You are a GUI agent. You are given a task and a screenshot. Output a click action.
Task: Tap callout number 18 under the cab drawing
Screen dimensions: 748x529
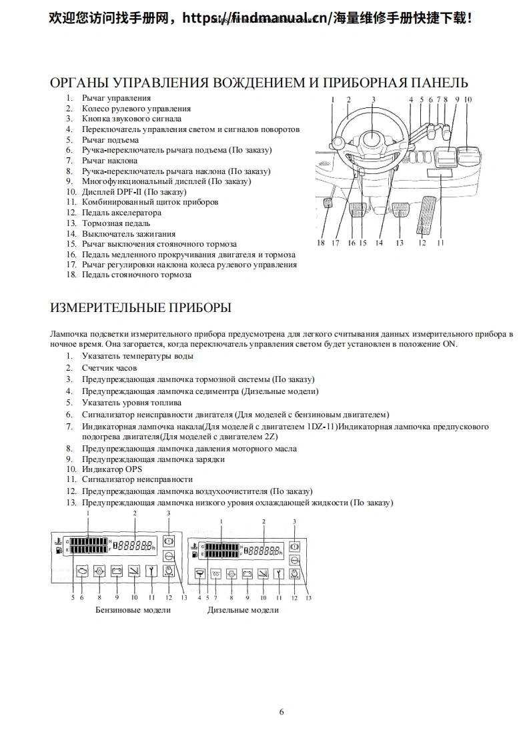[x=321, y=243]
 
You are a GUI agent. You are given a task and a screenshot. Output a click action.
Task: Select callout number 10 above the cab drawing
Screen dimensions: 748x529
[x=468, y=99]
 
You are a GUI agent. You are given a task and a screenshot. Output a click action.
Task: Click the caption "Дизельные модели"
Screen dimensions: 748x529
[x=243, y=610]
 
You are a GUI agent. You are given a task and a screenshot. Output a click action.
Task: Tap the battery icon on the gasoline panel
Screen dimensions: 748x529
[x=117, y=571]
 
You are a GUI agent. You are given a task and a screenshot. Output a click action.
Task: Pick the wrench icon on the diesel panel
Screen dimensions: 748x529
[x=279, y=572]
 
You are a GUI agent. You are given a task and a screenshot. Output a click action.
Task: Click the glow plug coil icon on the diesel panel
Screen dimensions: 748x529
[x=215, y=572]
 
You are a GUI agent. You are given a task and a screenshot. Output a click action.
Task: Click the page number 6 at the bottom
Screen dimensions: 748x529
[x=282, y=711]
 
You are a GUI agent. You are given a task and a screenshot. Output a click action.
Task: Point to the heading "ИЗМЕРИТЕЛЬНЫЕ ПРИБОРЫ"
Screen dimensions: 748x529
[x=141, y=308]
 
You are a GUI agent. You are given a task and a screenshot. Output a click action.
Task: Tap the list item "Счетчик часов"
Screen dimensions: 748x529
[x=109, y=367]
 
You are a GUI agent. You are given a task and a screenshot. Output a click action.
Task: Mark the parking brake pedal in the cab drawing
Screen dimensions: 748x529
[x=328, y=203]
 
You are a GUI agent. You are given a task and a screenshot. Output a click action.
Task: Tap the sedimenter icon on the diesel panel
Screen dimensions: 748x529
[x=199, y=572]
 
